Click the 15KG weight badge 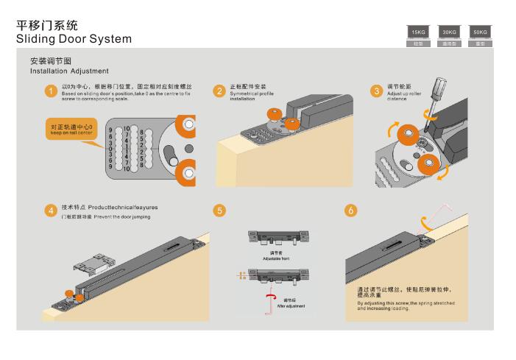coord(418,33)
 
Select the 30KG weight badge coord(448,33)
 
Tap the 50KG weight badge coord(478,33)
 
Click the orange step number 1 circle coord(49,91)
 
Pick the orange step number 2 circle coord(219,91)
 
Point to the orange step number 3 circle coord(375,91)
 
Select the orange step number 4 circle coord(49,211)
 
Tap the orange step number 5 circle coord(219,211)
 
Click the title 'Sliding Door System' coord(74,38)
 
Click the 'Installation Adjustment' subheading coord(69,71)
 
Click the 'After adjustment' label coord(290,305)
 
